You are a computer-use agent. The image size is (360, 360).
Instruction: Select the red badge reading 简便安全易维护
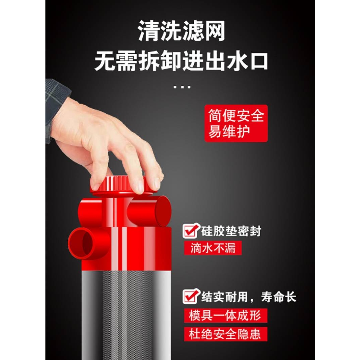click(x=236, y=123)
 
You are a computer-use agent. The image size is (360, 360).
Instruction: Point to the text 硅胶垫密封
click(x=231, y=231)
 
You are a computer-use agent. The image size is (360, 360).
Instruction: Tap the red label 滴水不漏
click(x=213, y=249)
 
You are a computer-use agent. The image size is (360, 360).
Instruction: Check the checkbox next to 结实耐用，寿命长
click(x=191, y=296)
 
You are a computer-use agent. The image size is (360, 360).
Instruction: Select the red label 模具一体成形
click(x=225, y=316)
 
